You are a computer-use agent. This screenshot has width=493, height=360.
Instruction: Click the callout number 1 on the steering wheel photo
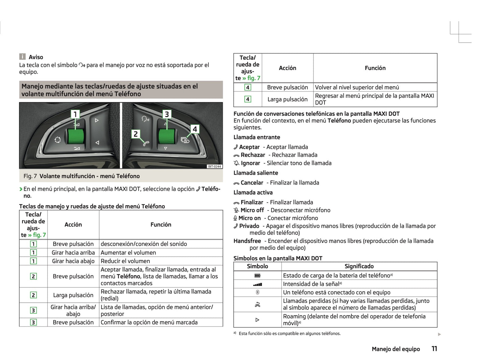75,114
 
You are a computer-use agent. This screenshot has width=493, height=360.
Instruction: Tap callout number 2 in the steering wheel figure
135,134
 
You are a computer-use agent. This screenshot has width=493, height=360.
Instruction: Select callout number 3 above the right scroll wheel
166,114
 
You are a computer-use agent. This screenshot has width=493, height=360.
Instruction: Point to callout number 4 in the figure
195,129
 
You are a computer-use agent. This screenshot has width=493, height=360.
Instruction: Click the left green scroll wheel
76,136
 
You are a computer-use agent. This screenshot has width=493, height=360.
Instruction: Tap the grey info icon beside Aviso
23,57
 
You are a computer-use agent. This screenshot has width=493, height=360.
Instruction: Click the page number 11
434,348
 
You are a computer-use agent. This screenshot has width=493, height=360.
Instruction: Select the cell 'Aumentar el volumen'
128,253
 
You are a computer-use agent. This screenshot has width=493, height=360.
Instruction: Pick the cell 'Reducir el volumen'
125,261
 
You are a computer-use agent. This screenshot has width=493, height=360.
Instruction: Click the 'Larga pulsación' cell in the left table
73,295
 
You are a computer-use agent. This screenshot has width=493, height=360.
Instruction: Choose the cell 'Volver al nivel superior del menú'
357,87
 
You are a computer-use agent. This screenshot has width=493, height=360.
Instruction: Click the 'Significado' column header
359,266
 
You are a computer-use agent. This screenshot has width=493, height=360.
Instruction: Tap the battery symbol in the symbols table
258,276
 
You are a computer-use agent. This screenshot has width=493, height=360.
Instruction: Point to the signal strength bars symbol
258,284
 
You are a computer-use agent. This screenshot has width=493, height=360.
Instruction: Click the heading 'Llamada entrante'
257,137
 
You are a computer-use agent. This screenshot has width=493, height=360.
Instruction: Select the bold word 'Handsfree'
247,241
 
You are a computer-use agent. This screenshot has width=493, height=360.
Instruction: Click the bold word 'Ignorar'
250,163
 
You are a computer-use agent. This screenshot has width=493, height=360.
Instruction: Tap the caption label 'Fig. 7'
30,176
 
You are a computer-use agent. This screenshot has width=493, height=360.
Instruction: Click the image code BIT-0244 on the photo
214,167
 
